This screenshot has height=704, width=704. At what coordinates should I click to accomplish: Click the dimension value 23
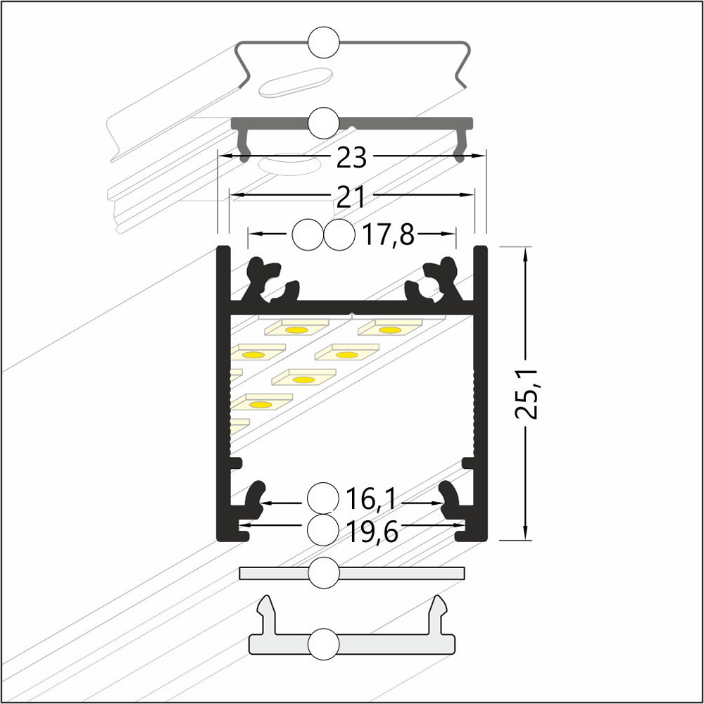[351, 158]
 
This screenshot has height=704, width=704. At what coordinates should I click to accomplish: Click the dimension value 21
[351, 196]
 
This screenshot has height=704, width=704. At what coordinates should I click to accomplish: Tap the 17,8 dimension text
[388, 234]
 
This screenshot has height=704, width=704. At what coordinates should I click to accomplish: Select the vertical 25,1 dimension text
[526, 394]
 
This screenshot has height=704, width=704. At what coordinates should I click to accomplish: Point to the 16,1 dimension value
[371, 499]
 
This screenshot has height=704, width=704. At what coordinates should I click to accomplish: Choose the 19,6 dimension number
[372, 532]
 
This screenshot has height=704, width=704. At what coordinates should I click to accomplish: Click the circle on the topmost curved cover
[324, 43]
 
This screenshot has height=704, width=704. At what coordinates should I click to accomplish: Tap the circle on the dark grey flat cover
[324, 123]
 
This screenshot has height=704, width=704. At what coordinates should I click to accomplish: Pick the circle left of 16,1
[323, 498]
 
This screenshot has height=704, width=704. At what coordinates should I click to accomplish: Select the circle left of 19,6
[323, 530]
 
